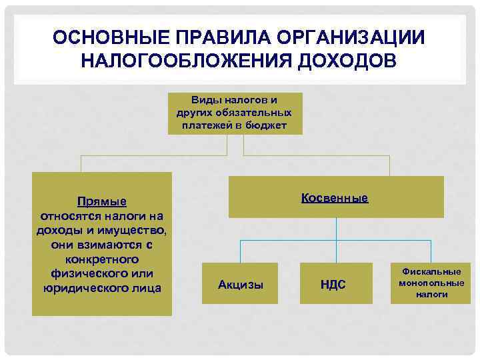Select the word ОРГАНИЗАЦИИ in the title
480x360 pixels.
pos(347,37)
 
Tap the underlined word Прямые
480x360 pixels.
pos(102,201)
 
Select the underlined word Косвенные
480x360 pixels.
pos(335,198)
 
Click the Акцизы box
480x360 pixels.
pos(241,285)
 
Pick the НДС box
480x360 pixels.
pos(333,285)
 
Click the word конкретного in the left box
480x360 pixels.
pos(102,259)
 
